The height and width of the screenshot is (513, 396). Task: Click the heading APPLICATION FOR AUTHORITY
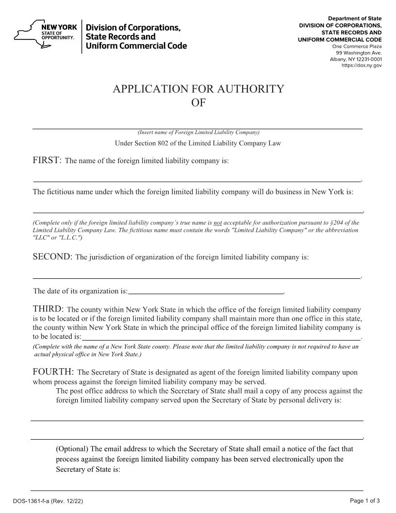click(198, 89)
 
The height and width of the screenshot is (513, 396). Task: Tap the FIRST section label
click(47, 160)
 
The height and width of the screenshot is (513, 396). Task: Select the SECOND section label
click(52, 256)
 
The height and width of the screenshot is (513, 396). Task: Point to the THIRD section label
click(48, 309)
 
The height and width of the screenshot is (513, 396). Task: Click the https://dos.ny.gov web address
click(362, 66)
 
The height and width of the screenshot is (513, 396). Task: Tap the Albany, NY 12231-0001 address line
click(356, 59)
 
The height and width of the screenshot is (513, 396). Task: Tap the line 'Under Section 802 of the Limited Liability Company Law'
click(198, 143)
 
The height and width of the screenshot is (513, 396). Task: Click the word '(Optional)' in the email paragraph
click(72, 449)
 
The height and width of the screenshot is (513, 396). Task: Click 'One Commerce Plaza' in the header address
click(357, 46)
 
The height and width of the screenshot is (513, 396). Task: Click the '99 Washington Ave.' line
click(361, 52)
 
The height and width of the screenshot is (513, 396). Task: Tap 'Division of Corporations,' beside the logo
click(133, 28)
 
